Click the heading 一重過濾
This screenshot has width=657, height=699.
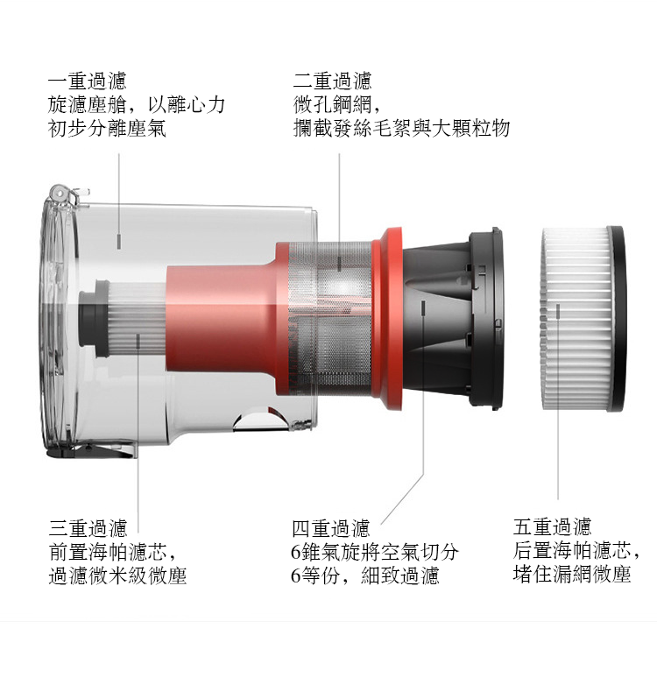click(x=88, y=81)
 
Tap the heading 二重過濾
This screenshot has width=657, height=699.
click(x=333, y=81)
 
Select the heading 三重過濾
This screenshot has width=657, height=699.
click(x=88, y=528)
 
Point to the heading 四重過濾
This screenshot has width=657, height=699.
click(x=331, y=528)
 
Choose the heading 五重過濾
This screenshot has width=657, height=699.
click(x=552, y=527)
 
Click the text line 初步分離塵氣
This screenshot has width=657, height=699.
click(x=107, y=129)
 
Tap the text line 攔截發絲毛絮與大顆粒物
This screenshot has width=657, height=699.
click(x=401, y=129)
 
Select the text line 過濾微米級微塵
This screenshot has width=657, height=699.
click(x=117, y=575)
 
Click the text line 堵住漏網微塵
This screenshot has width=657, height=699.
click(x=572, y=574)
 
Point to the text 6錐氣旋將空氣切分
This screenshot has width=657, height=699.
click(x=375, y=552)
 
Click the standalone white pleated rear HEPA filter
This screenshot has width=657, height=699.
click(x=583, y=319)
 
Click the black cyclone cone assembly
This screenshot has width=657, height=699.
click(x=452, y=319)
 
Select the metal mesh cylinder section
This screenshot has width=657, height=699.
click(x=330, y=319)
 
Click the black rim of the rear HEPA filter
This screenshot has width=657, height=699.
click(x=618, y=319)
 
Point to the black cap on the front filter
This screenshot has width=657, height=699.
click(x=95, y=318)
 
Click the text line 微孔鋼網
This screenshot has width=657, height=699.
click(x=336, y=105)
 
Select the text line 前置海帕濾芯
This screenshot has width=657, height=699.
click(x=112, y=552)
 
